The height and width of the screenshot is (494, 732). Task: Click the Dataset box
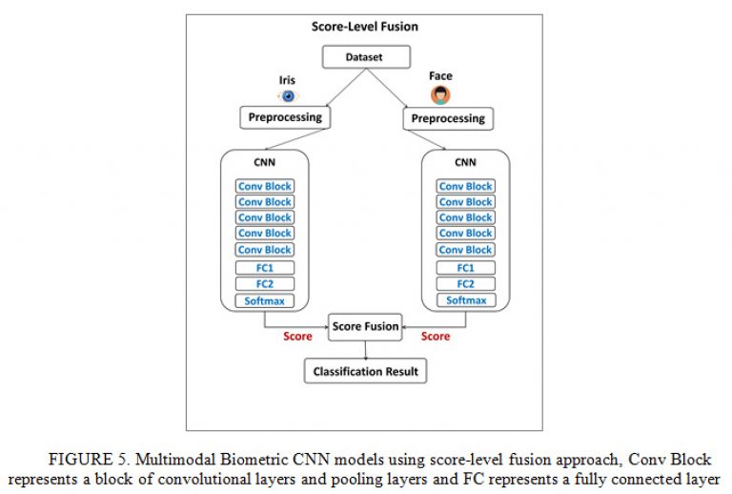pos(366,57)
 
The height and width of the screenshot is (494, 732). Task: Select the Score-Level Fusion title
pos(365,27)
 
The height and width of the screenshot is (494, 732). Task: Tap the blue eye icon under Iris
pos(288,96)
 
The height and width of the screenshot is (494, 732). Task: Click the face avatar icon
pos(440,94)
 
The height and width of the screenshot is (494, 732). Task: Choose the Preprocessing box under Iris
pos(285,117)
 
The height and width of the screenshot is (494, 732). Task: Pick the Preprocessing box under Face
pos(448,118)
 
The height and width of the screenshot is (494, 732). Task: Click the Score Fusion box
pos(365,327)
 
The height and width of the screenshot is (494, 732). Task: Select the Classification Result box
pos(366,371)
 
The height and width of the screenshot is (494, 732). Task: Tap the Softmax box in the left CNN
pos(265,300)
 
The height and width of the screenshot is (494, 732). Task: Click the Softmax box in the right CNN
pos(466,300)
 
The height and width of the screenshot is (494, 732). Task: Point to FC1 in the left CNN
pos(265,268)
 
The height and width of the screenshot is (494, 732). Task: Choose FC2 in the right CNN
pos(466,284)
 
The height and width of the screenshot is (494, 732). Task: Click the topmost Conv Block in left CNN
pos(265,186)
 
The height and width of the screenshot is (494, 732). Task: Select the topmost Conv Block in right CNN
pos(466,186)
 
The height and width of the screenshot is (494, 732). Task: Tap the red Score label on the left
pos(297,337)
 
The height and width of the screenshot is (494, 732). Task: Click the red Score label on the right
pos(436,337)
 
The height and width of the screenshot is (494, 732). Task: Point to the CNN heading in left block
pos(264,162)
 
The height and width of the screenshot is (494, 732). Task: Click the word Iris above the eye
pos(287,80)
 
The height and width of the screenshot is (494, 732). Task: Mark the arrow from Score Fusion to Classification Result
pos(366,350)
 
